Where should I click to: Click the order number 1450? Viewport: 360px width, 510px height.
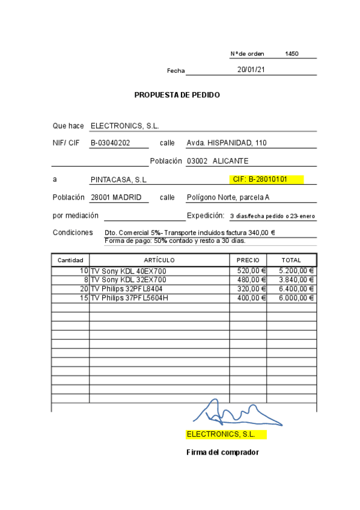pyautogui.click(x=291, y=54)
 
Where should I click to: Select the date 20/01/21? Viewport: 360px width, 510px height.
pyautogui.click(x=251, y=70)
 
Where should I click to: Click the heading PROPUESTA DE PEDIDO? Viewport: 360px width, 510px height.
pyautogui.click(x=177, y=95)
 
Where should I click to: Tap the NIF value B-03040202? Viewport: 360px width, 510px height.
pyautogui.click(x=111, y=143)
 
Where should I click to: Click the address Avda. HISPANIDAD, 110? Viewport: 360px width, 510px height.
pyautogui.click(x=227, y=143)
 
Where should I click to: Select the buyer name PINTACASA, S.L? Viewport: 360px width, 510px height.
pyautogui.click(x=118, y=180)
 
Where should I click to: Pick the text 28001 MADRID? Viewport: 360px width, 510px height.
pyautogui.click(x=116, y=197)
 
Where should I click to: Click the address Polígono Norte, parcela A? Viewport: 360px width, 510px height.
pyautogui.click(x=228, y=197)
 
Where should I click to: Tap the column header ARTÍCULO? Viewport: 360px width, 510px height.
pyautogui.click(x=159, y=260)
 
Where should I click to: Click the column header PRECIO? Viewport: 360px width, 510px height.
pyautogui.click(x=248, y=260)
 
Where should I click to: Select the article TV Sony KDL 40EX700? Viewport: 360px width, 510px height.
pyautogui.click(x=128, y=271)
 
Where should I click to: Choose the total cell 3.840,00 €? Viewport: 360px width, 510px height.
pyautogui.click(x=296, y=280)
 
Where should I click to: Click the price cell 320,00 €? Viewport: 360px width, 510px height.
pyautogui.click(x=251, y=289)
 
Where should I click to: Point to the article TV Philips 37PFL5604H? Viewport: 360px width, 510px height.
pyautogui.click(x=129, y=298)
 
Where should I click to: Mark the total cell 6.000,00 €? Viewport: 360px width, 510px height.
pyautogui.click(x=296, y=298)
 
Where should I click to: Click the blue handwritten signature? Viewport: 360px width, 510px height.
pyautogui.click(x=235, y=414)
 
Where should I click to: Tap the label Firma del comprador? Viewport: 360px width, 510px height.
pyautogui.click(x=222, y=452)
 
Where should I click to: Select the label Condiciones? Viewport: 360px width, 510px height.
pyautogui.click(x=73, y=233)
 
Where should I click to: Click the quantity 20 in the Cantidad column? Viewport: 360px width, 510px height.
pyautogui.click(x=84, y=289)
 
